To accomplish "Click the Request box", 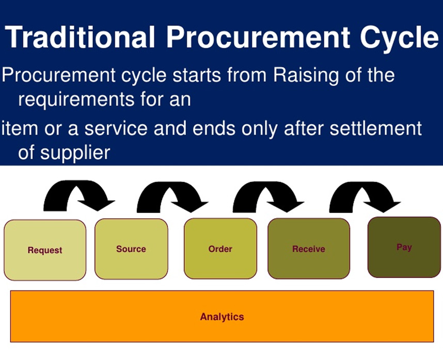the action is pos(45,250).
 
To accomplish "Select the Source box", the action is pos(131,249).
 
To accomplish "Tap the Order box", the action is pos(220,249).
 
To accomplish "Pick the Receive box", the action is pos(309,249).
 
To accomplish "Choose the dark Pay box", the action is pos(404,247).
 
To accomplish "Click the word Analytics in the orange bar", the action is pos(222,317).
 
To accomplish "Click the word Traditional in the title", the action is pos(80,37).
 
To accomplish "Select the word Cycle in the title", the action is pos(399,38).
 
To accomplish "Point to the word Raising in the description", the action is pos(306,75).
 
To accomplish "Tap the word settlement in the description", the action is pos(376,128).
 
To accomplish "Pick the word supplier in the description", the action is pos(75,153).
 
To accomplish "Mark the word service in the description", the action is pos(116,128).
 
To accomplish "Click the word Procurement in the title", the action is pos(258,37).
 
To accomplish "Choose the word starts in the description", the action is pos(197,76).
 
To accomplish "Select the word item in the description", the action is pos(20,128).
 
